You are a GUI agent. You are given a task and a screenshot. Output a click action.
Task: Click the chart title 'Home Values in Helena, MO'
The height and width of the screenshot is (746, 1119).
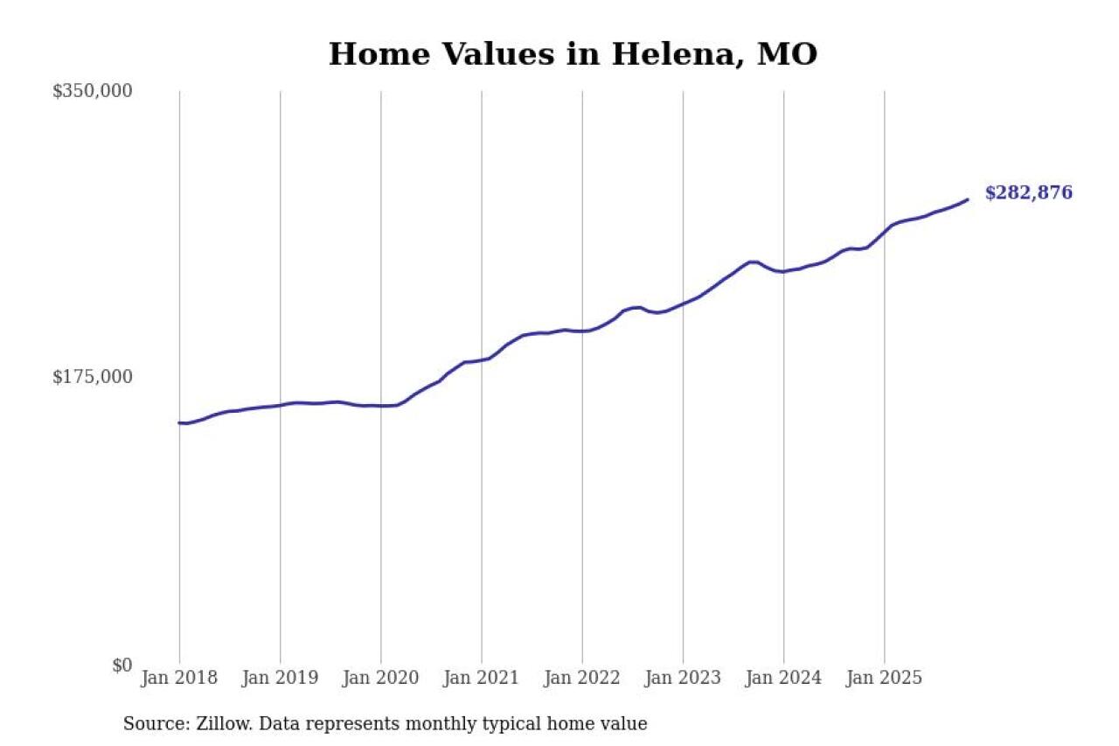coord(573,54)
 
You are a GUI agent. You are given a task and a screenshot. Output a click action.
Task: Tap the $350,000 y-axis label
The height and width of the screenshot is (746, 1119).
coord(92,91)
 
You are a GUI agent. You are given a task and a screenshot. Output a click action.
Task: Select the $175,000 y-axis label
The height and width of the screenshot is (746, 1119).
coord(92,377)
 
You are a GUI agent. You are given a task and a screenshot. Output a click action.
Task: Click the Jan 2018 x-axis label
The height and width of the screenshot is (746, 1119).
coord(179,678)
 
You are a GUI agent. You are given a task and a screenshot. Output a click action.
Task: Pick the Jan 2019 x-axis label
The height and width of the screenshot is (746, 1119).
coord(280,678)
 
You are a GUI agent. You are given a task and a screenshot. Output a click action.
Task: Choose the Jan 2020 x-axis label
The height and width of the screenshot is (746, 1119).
coord(380,678)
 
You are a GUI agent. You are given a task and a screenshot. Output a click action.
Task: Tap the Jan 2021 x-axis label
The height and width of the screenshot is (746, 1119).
coord(481,678)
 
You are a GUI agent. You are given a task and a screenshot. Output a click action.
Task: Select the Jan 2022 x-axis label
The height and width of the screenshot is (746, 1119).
coord(582,678)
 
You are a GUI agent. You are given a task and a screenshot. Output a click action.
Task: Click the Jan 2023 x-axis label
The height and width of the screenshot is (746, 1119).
coord(683,678)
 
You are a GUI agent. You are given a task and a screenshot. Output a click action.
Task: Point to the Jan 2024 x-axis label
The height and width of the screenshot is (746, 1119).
coord(783,678)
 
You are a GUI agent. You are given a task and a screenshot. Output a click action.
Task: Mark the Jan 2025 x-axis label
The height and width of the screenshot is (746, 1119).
coord(885,678)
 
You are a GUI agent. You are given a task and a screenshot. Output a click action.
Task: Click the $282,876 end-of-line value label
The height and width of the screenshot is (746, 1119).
coord(1028,193)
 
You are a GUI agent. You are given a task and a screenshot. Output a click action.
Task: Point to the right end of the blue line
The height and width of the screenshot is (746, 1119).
coord(967,199)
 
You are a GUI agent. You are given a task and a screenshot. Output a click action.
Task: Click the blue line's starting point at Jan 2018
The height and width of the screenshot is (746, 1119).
coord(179,423)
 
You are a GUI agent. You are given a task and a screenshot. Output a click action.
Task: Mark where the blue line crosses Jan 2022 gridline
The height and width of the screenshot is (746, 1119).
coord(582,331)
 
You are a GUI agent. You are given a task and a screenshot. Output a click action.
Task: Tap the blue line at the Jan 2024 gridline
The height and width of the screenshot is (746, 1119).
coord(783,271)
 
